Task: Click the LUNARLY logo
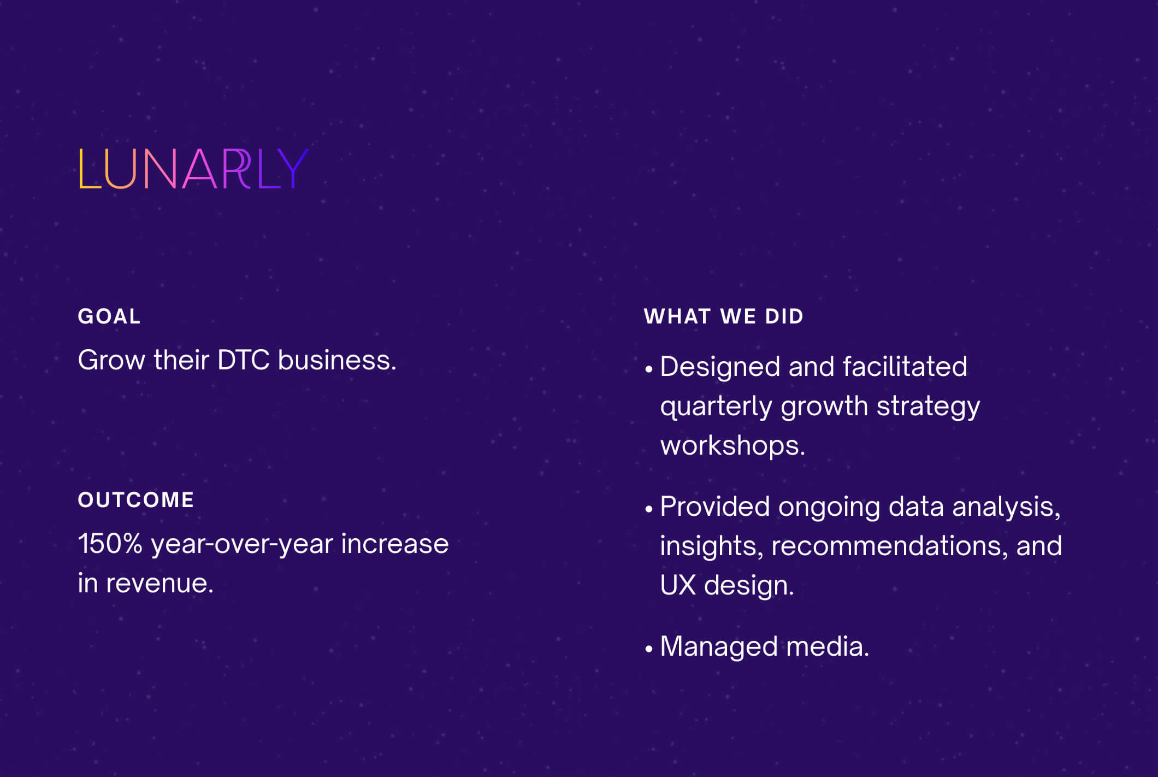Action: pyautogui.click(x=194, y=169)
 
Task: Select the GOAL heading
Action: pyautogui.click(x=109, y=316)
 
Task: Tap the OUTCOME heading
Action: pyautogui.click(x=136, y=500)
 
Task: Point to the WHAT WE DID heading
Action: pyautogui.click(x=724, y=316)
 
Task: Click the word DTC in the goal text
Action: pyautogui.click(x=244, y=360)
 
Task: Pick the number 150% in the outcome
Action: pyautogui.click(x=110, y=544)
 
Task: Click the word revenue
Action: pyautogui.click(x=159, y=584)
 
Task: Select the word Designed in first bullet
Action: pyautogui.click(x=720, y=367)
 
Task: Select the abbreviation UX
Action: pyautogui.click(x=678, y=585)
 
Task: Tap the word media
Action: pyautogui.click(x=828, y=646)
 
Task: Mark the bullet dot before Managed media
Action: pyautogui.click(x=648, y=649)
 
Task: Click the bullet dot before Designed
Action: pyautogui.click(x=648, y=369)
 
